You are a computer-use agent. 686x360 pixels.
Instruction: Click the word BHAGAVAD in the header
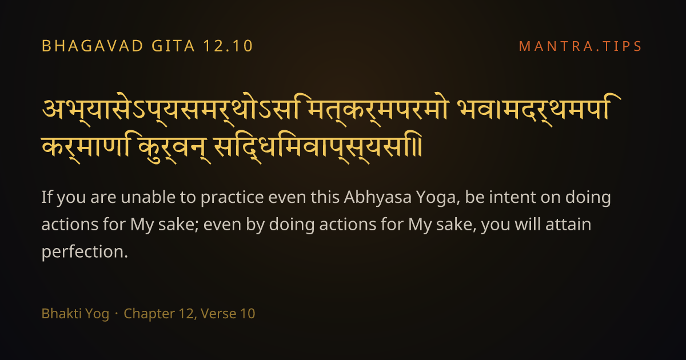click(x=92, y=46)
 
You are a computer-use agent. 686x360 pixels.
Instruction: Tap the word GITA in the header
click(x=173, y=46)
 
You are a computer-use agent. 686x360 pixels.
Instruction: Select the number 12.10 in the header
click(x=228, y=46)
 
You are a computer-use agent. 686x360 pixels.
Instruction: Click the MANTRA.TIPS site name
click(x=580, y=46)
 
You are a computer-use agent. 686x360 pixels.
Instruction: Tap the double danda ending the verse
click(x=419, y=147)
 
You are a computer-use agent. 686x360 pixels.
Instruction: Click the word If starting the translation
click(x=47, y=197)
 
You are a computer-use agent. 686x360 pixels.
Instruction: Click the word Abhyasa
click(x=378, y=197)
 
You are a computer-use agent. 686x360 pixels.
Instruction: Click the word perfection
click(x=85, y=252)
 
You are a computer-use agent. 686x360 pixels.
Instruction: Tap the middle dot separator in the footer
click(x=117, y=314)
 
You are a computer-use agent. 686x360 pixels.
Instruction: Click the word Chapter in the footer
click(x=149, y=314)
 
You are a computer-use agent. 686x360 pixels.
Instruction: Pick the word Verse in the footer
click(x=218, y=314)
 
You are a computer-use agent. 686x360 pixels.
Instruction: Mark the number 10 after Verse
click(x=248, y=314)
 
